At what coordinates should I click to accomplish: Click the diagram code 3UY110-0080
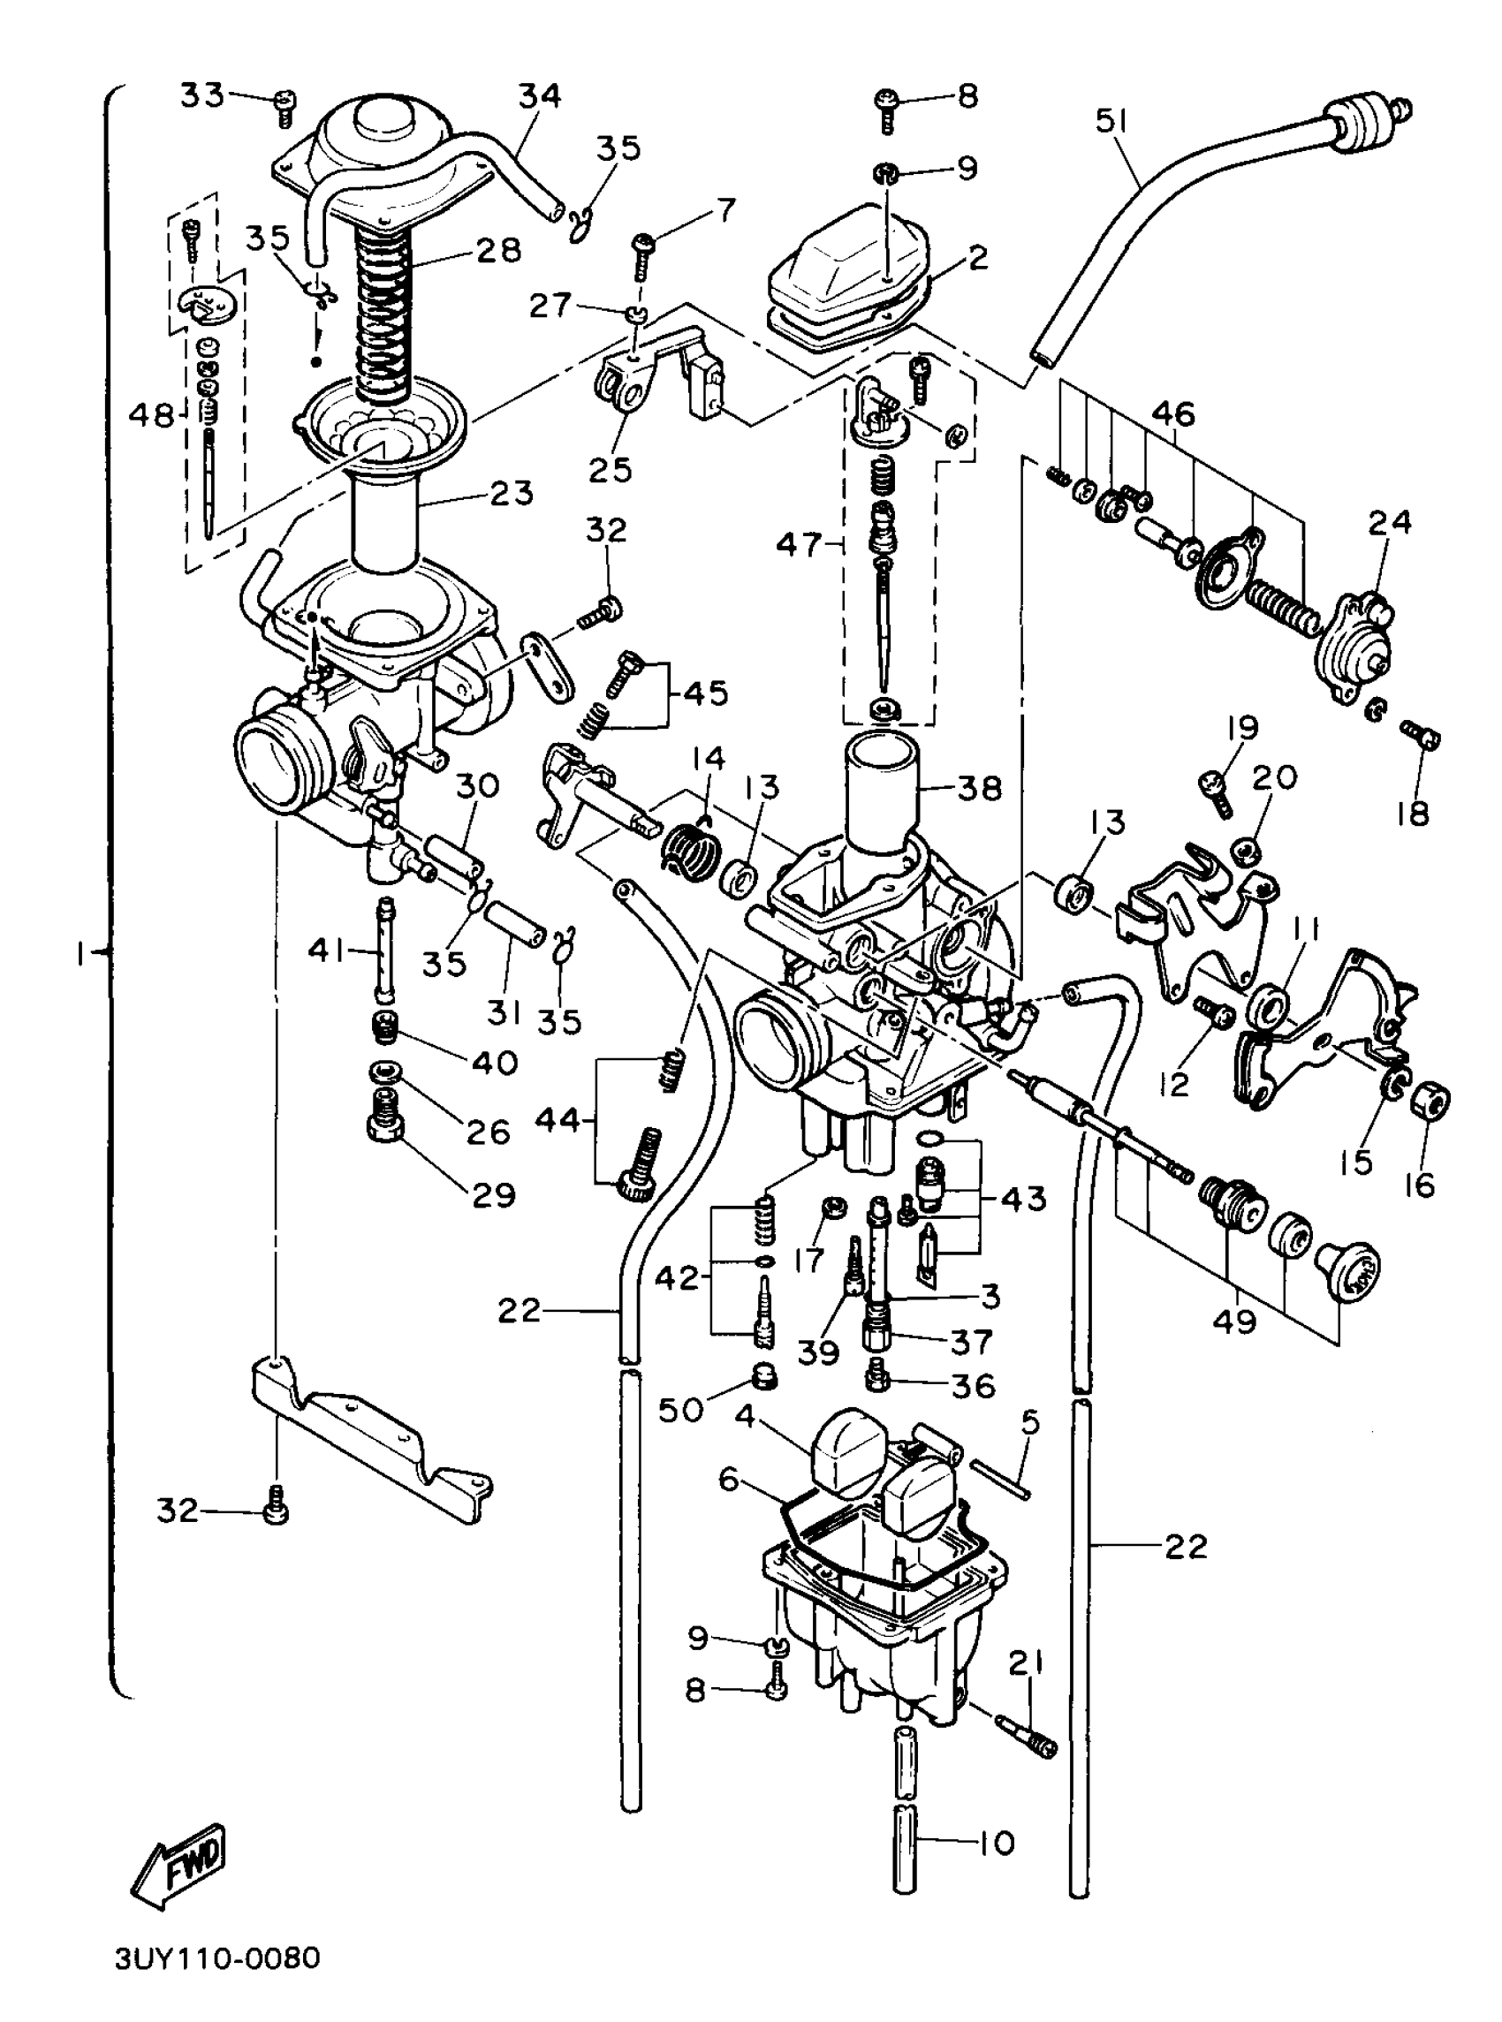(218, 1981)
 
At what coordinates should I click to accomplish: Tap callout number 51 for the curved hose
(1111, 121)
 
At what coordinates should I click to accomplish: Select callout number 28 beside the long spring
(498, 250)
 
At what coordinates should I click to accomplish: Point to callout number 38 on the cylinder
(979, 788)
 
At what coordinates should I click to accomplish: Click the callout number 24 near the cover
(1389, 523)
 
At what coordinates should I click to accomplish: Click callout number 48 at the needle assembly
(150, 416)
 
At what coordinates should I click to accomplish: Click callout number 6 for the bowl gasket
(729, 1480)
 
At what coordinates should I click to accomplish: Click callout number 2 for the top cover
(977, 258)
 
